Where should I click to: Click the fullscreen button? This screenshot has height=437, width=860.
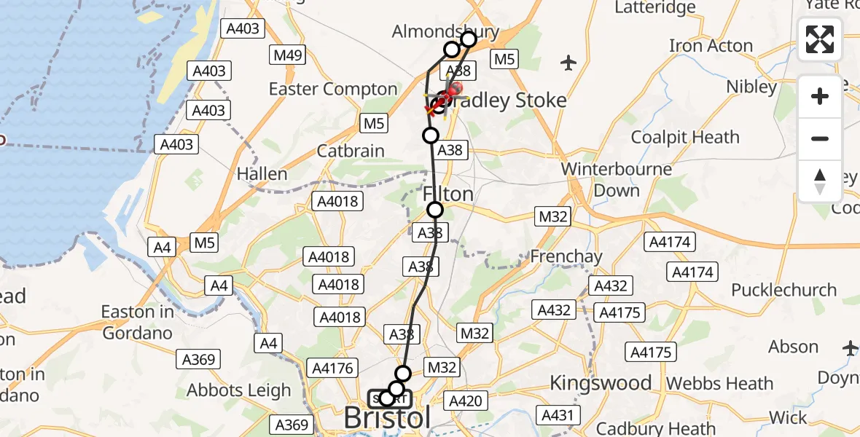coord(820,39)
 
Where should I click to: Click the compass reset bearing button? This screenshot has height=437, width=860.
coord(820,182)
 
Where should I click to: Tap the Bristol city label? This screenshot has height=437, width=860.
coord(386,418)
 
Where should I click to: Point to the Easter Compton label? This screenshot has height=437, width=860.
coord(333,89)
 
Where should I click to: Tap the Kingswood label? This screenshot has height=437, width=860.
coord(601,382)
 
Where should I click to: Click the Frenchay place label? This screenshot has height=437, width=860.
coord(566,256)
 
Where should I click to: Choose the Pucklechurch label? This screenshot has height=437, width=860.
coord(783,290)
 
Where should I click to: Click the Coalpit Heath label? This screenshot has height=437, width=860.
coord(685,137)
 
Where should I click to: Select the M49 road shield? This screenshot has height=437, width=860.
coord(288,55)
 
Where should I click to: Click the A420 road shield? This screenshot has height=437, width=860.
coord(465,400)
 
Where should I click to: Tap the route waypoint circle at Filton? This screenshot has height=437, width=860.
coord(435,210)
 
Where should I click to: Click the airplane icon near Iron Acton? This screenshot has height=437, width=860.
coord(569,63)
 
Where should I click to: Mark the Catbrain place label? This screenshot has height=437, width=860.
coord(351,151)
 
